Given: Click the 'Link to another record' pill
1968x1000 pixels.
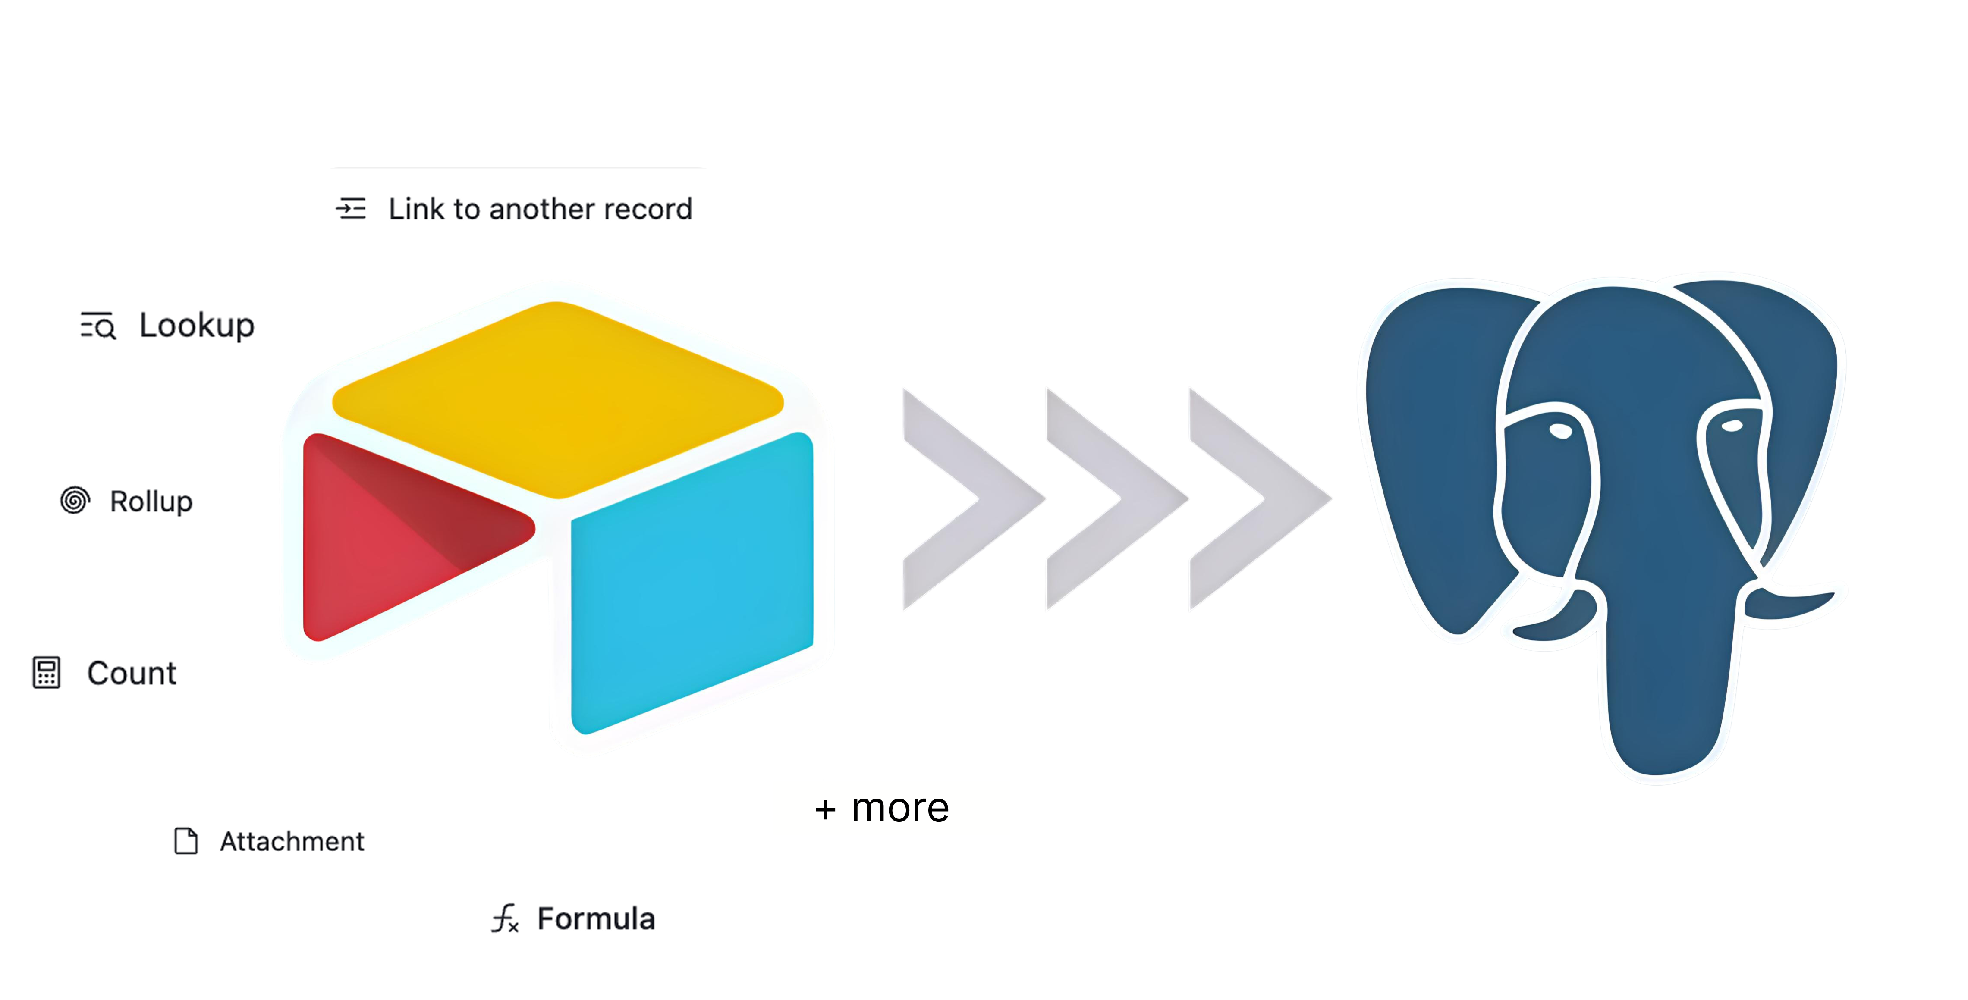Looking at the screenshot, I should click(518, 208).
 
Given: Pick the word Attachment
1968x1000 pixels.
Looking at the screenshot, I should click(292, 841).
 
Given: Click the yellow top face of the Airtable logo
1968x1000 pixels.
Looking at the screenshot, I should click(558, 397).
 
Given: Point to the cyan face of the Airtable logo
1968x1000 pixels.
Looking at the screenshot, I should click(692, 580).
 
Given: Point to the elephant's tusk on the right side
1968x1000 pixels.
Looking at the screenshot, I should click(1795, 604).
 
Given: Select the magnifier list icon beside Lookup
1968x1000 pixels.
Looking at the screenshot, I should click(98, 326).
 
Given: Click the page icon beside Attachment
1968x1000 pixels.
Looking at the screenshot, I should click(185, 841).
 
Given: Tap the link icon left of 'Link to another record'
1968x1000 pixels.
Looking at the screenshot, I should click(352, 209).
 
